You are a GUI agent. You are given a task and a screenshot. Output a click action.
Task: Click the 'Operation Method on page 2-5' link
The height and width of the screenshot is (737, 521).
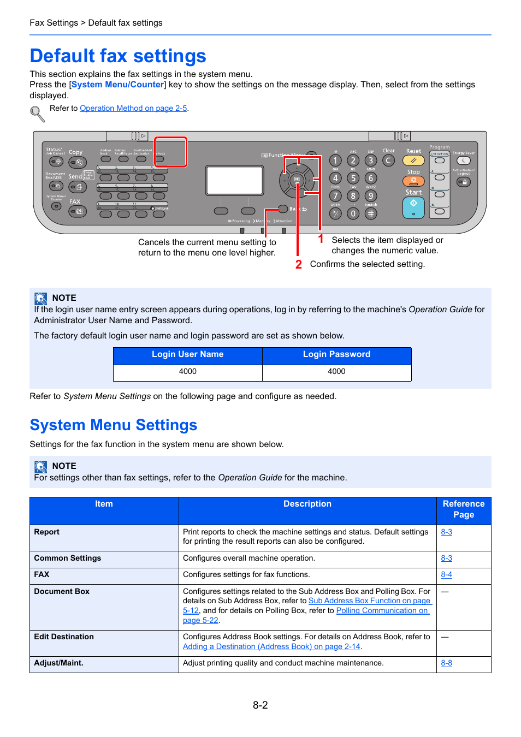coord(133,108)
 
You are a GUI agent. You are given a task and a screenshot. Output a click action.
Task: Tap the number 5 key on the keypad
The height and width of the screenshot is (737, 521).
coord(353,178)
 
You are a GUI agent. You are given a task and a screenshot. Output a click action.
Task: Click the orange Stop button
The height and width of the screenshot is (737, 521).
coord(413,181)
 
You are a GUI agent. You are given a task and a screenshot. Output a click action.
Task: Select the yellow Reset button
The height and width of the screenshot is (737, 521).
coord(413,161)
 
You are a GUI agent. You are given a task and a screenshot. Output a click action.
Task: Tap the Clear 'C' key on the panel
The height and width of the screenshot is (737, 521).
coord(388,161)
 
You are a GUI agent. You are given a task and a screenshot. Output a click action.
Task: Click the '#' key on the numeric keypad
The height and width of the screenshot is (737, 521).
coord(371,213)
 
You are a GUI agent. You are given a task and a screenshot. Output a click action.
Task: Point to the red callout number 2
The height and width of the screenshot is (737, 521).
coord(298,264)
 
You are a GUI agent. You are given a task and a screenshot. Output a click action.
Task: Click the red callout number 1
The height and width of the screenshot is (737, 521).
coord(321,239)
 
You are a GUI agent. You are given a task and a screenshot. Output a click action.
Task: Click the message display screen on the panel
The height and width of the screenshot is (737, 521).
coord(235,181)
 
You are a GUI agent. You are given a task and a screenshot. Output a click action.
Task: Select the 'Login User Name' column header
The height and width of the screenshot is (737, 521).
coord(187,354)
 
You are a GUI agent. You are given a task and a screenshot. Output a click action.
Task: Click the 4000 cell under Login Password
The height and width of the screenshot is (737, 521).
coord(336,371)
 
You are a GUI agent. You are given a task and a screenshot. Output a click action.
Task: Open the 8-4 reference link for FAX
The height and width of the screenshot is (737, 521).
coord(446,574)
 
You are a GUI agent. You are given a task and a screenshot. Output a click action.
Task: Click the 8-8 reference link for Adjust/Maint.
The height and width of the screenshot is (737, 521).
coord(446,663)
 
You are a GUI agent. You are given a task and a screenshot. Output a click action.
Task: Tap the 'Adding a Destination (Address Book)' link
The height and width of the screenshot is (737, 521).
coord(271,646)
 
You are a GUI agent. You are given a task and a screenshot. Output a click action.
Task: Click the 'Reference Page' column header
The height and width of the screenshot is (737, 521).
coord(463,509)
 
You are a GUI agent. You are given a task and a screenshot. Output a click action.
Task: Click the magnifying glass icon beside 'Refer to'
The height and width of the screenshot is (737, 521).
coord(37,114)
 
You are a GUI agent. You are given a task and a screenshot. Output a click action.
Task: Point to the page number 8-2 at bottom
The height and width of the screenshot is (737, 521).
coord(260,705)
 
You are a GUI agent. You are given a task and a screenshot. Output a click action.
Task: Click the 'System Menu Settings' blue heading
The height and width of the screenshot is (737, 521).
coord(113,425)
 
